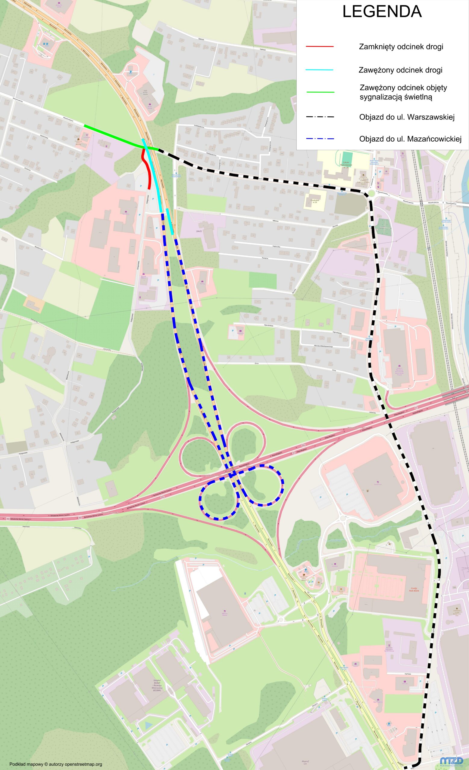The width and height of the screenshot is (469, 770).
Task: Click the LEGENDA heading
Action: (382, 12)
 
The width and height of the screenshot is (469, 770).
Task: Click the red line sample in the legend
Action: (320, 47)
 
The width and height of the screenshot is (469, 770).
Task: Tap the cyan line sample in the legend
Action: (320, 70)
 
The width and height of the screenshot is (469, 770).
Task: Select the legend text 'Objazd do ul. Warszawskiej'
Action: (407, 117)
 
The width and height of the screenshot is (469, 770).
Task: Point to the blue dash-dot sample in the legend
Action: (320, 139)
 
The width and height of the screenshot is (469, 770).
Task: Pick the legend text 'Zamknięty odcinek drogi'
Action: (401, 47)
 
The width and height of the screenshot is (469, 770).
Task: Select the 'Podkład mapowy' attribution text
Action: (56, 762)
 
